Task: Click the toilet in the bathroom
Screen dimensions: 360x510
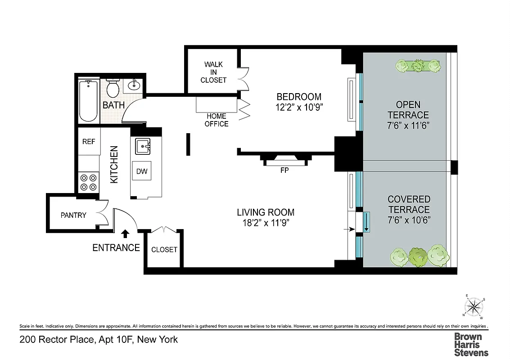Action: pos(113,88)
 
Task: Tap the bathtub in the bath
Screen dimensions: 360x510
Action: pos(88,101)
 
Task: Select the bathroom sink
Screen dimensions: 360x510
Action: pos(133,85)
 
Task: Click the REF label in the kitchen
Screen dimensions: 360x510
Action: pos(89,141)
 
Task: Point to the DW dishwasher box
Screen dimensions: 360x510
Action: pos(141,171)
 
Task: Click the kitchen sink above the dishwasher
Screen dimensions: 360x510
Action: pos(143,146)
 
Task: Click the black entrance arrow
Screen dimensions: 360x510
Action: pos(125,234)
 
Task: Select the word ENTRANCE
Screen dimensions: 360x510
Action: pos(116,247)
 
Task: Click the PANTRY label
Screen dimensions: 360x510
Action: pos(73,215)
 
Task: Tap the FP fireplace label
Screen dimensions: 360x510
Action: pos(284,171)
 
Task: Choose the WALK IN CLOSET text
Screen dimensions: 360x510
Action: pos(214,72)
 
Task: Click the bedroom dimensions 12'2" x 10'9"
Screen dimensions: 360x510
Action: pos(299,107)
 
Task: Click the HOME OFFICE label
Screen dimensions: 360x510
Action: pos(217,120)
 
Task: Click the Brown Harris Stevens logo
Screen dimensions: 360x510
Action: pos(471,344)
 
